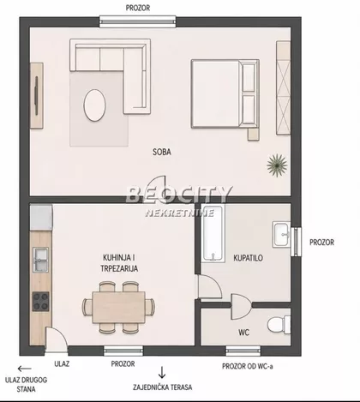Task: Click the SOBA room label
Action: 162,152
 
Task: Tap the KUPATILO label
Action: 248,258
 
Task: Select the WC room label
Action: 243,333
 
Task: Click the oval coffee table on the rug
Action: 94,105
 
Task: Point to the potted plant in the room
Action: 277,165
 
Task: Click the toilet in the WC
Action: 279,325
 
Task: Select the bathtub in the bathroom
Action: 213,233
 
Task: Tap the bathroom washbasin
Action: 281,234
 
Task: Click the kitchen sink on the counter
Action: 40,260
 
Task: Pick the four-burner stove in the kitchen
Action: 40,302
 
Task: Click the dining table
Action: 118,308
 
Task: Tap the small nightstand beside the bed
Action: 254,135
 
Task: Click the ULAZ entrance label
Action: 62,363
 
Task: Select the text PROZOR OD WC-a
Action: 248,366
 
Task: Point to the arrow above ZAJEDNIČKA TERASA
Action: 162,372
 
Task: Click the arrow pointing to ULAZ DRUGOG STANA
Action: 24,369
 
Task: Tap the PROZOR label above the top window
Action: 138,8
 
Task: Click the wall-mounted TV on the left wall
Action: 36,96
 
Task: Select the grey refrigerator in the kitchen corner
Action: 41,217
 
